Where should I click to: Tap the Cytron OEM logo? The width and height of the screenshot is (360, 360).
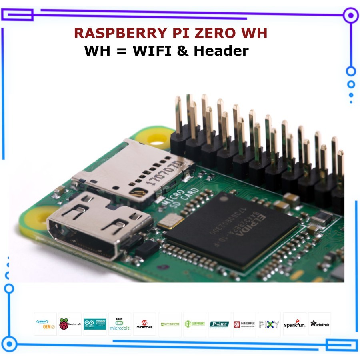click(45, 324)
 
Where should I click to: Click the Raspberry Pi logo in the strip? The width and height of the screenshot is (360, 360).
click(70, 324)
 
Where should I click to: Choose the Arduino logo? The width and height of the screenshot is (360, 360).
click(95, 324)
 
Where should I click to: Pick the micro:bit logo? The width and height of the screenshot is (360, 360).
click(120, 324)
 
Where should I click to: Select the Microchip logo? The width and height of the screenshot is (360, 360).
click(144, 324)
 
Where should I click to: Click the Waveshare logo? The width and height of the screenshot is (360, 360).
click(170, 324)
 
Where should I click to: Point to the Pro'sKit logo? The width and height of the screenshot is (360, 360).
click(220, 324)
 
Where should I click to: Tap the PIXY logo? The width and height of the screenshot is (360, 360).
click(269, 324)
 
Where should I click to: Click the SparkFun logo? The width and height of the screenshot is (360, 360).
click(294, 324)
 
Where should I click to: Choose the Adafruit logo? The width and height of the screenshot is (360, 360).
click(320, 324)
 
